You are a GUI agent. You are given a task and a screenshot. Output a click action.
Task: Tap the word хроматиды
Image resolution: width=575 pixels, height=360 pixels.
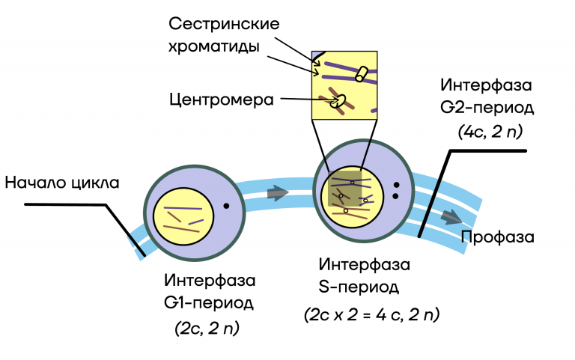coord(214,47)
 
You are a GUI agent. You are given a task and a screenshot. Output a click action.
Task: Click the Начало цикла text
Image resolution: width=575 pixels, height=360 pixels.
coord(61,183)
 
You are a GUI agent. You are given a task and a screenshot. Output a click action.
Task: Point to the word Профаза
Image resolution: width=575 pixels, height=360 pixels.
coord(497,238)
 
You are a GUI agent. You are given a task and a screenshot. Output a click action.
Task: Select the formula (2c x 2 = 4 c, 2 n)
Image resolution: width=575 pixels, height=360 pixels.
coord(371,315)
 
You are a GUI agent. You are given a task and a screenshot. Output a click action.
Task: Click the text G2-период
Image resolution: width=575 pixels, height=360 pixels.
coord(487,107)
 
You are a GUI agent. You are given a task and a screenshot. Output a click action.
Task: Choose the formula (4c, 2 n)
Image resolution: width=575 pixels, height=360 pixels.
coord(490,132)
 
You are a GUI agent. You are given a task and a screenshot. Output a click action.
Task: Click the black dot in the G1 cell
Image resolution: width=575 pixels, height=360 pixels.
coord(225,205)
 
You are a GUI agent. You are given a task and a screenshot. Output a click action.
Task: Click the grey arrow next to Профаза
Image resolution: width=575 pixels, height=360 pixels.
coord(451,217)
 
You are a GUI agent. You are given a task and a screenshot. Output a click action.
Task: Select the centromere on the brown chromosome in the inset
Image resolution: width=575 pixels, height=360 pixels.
coord(337,100)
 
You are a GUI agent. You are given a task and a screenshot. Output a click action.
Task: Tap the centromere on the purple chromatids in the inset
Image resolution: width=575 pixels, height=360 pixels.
coord(361,73)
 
